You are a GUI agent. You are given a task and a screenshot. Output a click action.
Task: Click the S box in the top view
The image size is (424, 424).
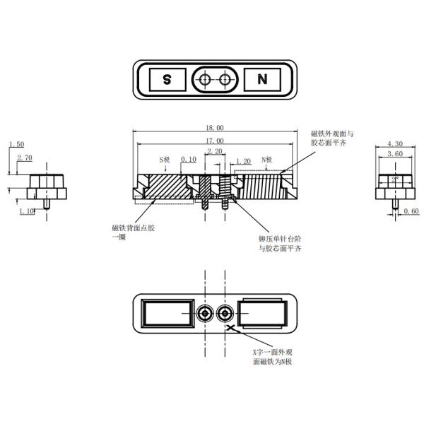click(167, 80)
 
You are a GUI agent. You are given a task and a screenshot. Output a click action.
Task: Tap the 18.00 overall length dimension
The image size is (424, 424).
click(215, 128)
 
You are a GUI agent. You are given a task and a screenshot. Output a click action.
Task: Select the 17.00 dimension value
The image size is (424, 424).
click(215, 141)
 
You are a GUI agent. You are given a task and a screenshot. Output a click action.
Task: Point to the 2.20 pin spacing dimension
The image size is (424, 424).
click(214, 151)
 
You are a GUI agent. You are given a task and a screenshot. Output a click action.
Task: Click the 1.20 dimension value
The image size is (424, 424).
click(242, 161)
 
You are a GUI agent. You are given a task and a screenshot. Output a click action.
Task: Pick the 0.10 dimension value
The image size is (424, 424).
click(189, 160)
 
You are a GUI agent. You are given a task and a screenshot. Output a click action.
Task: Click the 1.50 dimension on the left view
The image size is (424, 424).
click(16, 144)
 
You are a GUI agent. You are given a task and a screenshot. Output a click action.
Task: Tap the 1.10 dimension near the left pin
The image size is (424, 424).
click(27, 211)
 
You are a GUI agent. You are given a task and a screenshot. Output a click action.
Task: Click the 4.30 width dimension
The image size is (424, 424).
click(396, 144)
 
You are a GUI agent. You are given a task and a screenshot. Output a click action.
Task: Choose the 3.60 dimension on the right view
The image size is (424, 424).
click(396, 153)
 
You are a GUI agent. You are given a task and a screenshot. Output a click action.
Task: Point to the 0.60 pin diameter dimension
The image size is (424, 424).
click(412, 211)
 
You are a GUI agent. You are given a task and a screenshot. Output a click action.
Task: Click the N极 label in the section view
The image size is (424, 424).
click(268, 160)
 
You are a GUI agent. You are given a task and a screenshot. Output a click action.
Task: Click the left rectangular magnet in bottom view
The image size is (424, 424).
click(167, 313)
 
